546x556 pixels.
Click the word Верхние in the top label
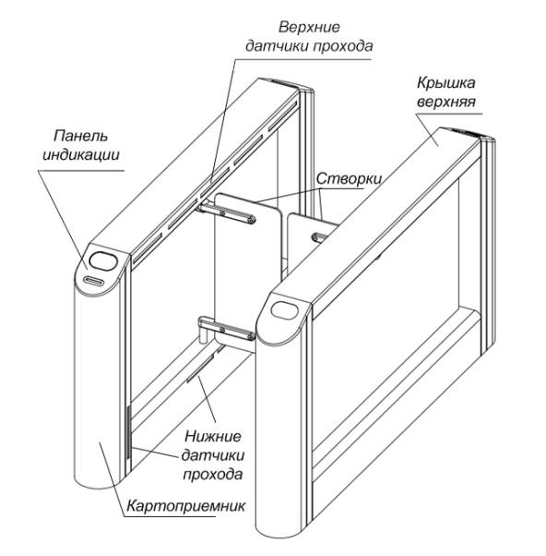[x=309, y=28]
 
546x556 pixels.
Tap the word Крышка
[x=445, y=83]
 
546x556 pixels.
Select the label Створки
[x=350, y=179]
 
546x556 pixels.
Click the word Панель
[x=80, y=136]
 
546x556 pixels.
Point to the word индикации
[x=81, y=155]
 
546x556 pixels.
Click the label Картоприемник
[x=186, y=505]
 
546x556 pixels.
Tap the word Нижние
[x=213, y=436]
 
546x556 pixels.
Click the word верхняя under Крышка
[x=446, y=103]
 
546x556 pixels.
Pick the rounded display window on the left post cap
[x=103, y=260]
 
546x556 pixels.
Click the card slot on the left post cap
[x=93, y=281]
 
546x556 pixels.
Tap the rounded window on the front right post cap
[x=284, y=309]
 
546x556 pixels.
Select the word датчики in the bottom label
[x=213, y=455]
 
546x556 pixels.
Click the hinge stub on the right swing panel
[x=320, y=236]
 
